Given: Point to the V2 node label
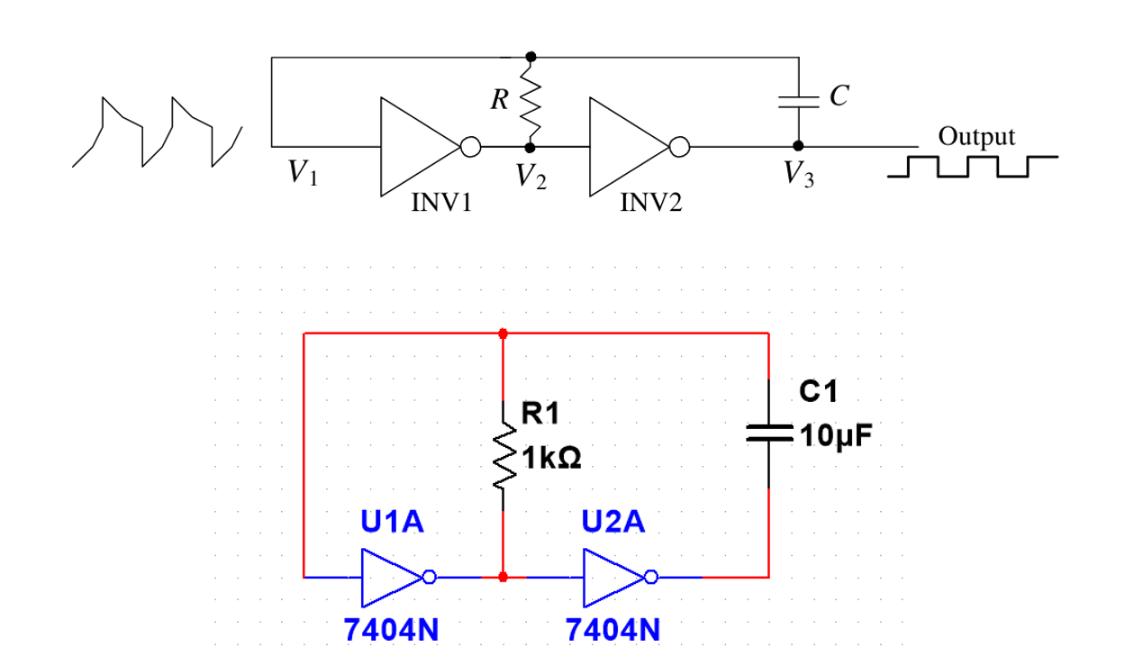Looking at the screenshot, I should (x=531, y=177).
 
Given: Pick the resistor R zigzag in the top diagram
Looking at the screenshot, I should (x=531, y=100).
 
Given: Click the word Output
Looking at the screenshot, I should (x=976, y=137).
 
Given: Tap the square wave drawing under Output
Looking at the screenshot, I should (x=971, y=167).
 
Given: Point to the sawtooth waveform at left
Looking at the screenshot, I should (x=158, y=132).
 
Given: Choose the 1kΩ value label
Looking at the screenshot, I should (x=552, y=459).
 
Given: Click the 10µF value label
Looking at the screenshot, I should (x=835, y=437).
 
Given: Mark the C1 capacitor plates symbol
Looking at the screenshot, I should (x=768, y=433).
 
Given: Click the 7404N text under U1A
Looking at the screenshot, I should (x=391, y=630).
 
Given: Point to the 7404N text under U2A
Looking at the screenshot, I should (x=612, y=630).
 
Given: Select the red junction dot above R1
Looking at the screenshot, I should (x=503, y=333).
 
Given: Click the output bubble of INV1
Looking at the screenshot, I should (x=470, y=147).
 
